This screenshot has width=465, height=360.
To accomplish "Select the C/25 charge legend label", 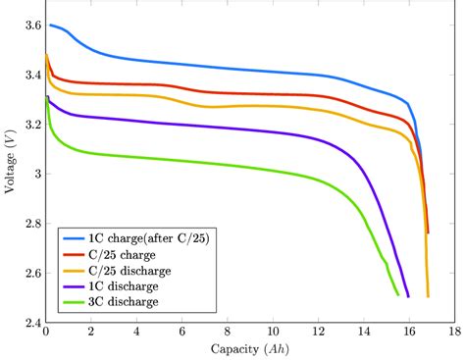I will pyautogui.click(x=123, y=254).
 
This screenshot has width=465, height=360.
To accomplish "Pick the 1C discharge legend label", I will pyautogui.click(x=125, y=285).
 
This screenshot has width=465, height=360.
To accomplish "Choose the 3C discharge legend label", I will pyautogui.click(x=125, y=301).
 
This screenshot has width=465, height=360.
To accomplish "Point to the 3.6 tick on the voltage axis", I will pyautogui.click(x=30, y=25).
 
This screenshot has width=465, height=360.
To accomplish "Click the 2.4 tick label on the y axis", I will pyautogui.click(x=30, y=323).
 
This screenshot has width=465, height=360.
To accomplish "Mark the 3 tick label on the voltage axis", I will pyautogui.click(x=36, y=174).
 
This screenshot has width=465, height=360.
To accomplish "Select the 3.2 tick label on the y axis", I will pyautogui.click(x=30, y=124).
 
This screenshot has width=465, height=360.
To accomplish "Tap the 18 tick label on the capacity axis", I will pyautogui.click(x=454, y=334).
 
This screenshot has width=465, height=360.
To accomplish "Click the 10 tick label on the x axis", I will pyautogui.click(x=273, y=334).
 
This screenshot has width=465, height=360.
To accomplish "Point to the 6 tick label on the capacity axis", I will pyautogui.click(x=181, y=334).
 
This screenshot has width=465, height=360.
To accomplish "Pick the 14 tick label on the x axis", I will pyautogui.click(x=363, y=334).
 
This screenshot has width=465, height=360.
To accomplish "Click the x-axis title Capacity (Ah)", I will pyautogui.click(x=249, y=350).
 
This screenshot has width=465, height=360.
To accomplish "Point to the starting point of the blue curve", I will pyautogui.click(x=50, y=25).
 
